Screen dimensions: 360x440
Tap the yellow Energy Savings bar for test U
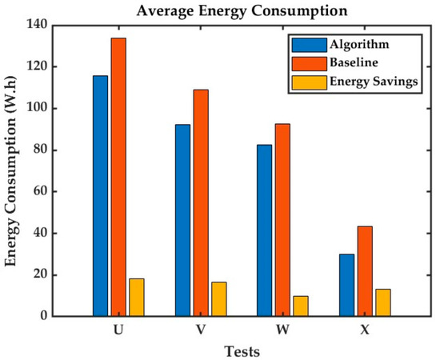pos(137,298)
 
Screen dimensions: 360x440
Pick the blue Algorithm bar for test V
pos(182,220)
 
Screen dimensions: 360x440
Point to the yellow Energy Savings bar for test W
pos(301,306)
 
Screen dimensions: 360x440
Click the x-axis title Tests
pos(241,350)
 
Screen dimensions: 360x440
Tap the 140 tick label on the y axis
pos(34,25)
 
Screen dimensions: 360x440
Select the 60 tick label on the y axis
pos(37,191)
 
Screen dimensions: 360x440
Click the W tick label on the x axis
pos(282,329)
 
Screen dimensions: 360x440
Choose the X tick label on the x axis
pos(365,329)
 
